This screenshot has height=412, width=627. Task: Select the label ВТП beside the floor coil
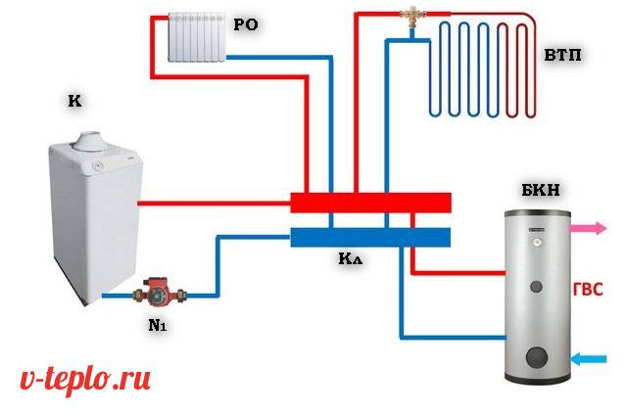562,56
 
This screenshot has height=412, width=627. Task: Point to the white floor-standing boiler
88,215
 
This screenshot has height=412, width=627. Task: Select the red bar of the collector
370,203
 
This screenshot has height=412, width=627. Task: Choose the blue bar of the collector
370,238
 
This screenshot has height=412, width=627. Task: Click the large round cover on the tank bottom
536,355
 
